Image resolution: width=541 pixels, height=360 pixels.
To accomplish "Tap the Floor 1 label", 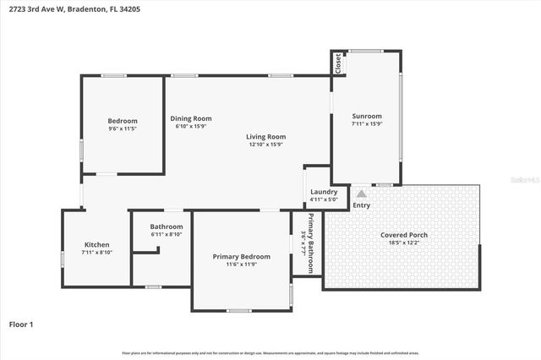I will [20, 324].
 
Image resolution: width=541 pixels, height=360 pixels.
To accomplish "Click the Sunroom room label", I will [367, 116].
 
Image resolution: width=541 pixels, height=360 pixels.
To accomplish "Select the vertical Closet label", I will [338, 64].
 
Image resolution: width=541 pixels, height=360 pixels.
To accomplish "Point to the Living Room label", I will [265, 136].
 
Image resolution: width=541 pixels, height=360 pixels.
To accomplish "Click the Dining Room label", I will [191, 118].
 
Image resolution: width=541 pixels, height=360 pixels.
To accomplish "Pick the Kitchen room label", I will [96, 244].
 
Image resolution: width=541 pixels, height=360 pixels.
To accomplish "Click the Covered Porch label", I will [404, 234].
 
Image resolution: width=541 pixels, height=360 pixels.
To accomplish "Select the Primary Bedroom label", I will [241, 256].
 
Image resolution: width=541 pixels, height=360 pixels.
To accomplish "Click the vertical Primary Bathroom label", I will [311, 243].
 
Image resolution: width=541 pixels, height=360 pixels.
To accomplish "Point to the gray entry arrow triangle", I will [361, 194].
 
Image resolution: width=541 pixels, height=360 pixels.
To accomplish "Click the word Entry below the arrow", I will [361, 205].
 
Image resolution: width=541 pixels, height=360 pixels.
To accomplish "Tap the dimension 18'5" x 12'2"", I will [404, 243].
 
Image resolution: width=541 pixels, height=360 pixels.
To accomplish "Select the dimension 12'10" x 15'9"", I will [265, 145].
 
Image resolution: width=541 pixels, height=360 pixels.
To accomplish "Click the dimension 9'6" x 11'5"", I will [123, 129].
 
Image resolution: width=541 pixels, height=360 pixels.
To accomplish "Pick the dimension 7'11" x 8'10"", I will [96, 253].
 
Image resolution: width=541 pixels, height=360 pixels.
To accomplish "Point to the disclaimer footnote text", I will [270, 352].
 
